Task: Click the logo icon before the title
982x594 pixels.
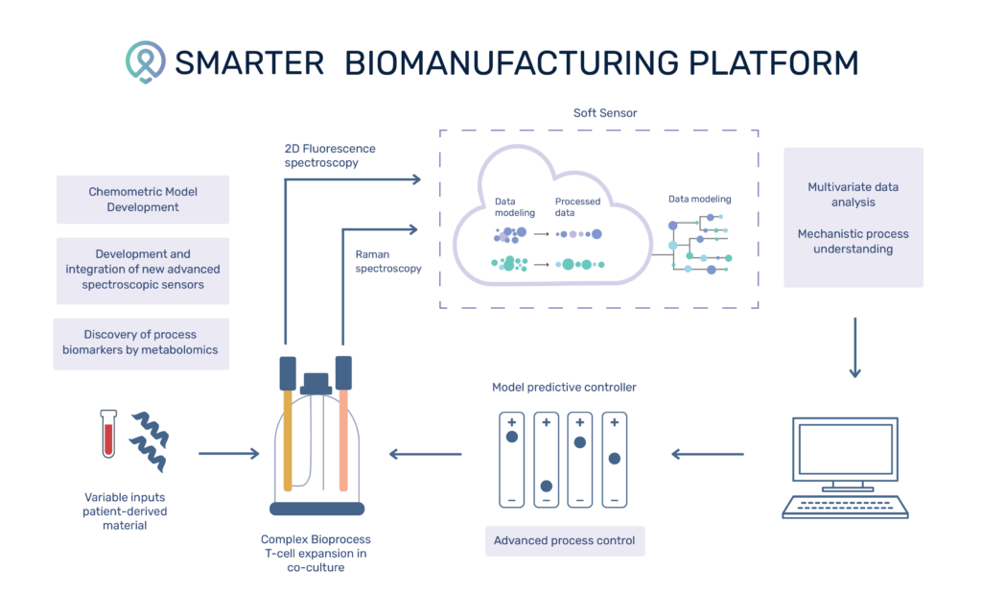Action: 144,60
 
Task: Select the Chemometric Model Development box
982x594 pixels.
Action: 142,199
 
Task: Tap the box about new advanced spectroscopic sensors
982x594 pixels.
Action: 142,270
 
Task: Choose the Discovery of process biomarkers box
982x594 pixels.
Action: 142,342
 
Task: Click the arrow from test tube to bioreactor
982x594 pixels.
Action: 227,453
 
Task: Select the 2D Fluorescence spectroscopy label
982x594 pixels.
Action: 328,155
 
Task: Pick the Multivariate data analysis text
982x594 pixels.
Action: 853,195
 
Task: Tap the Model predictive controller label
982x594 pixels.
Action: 564,387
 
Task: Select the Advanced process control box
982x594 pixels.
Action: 564,540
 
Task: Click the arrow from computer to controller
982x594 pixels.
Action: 707,453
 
